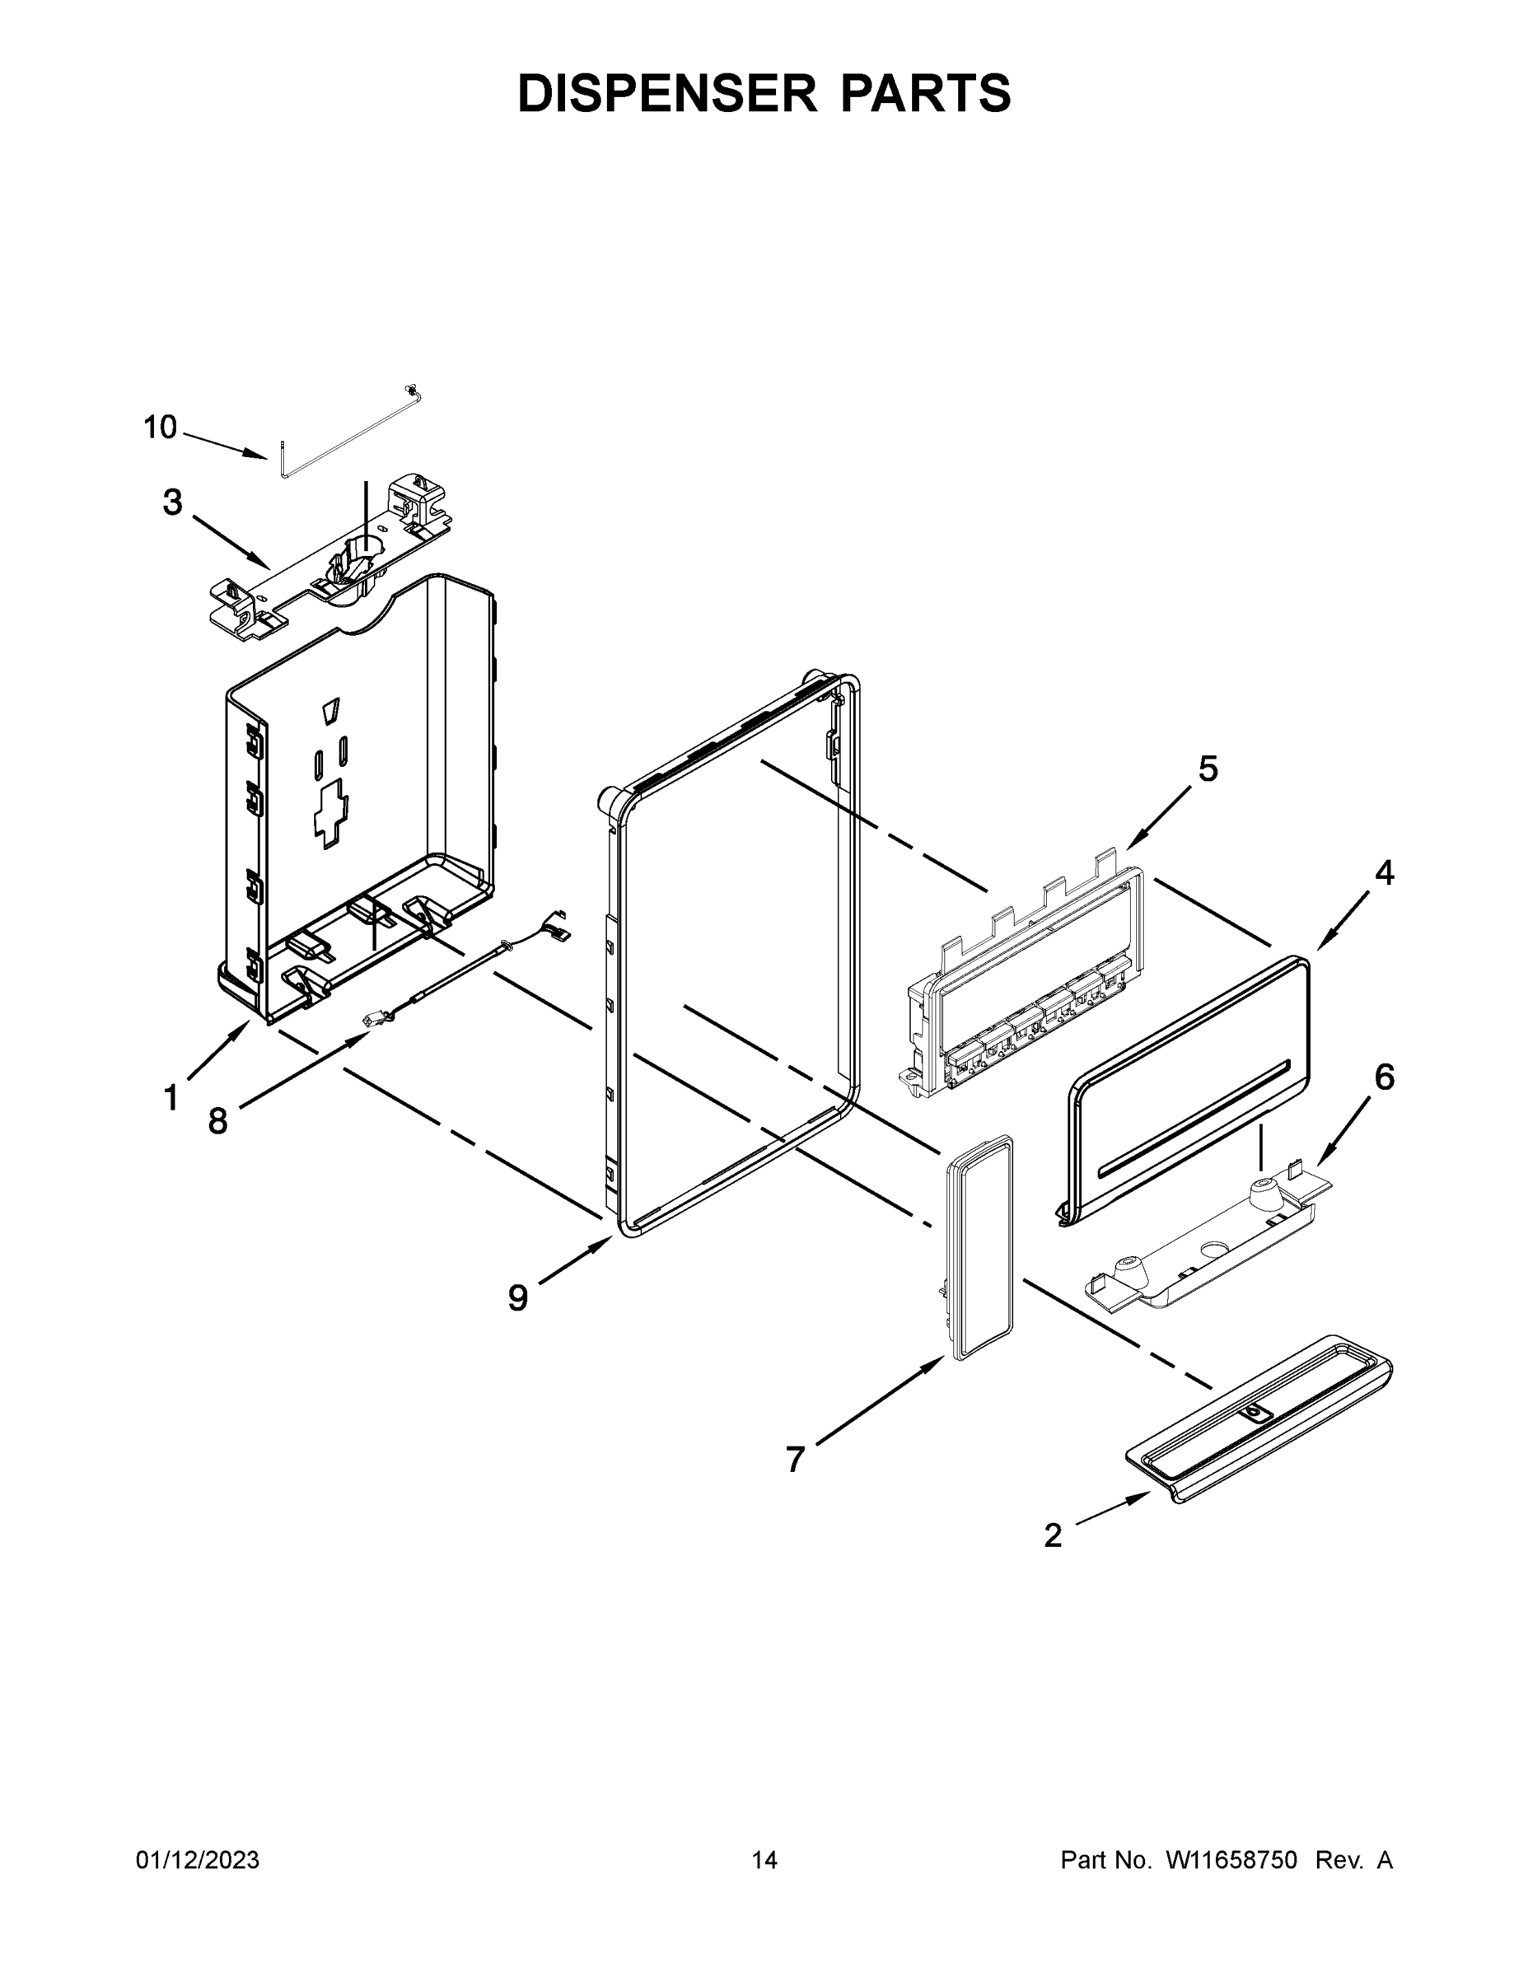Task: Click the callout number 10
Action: click(161, 428)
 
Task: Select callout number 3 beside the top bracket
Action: click(172, 502)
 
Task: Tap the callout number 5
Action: click(1208, 769)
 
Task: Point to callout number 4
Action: click(1384, 873)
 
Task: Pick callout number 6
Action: click(1384, 1078)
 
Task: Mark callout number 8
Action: click(218, 1123)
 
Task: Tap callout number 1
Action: click(171, 1099)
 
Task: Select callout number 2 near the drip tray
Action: click(1053, 1535)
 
